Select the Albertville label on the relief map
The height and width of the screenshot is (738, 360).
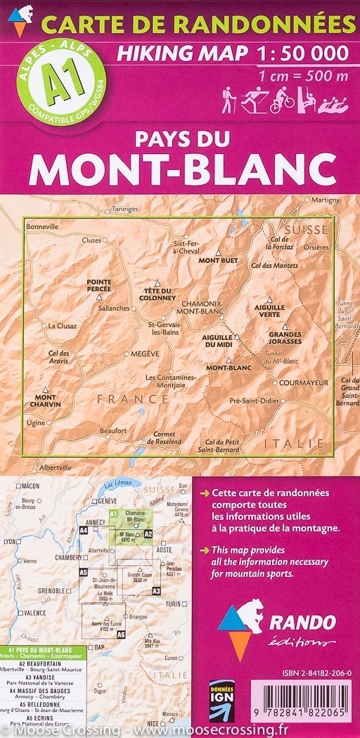point(55,467)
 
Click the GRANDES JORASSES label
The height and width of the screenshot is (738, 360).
point(285,337)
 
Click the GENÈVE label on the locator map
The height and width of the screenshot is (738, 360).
point(107,500)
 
